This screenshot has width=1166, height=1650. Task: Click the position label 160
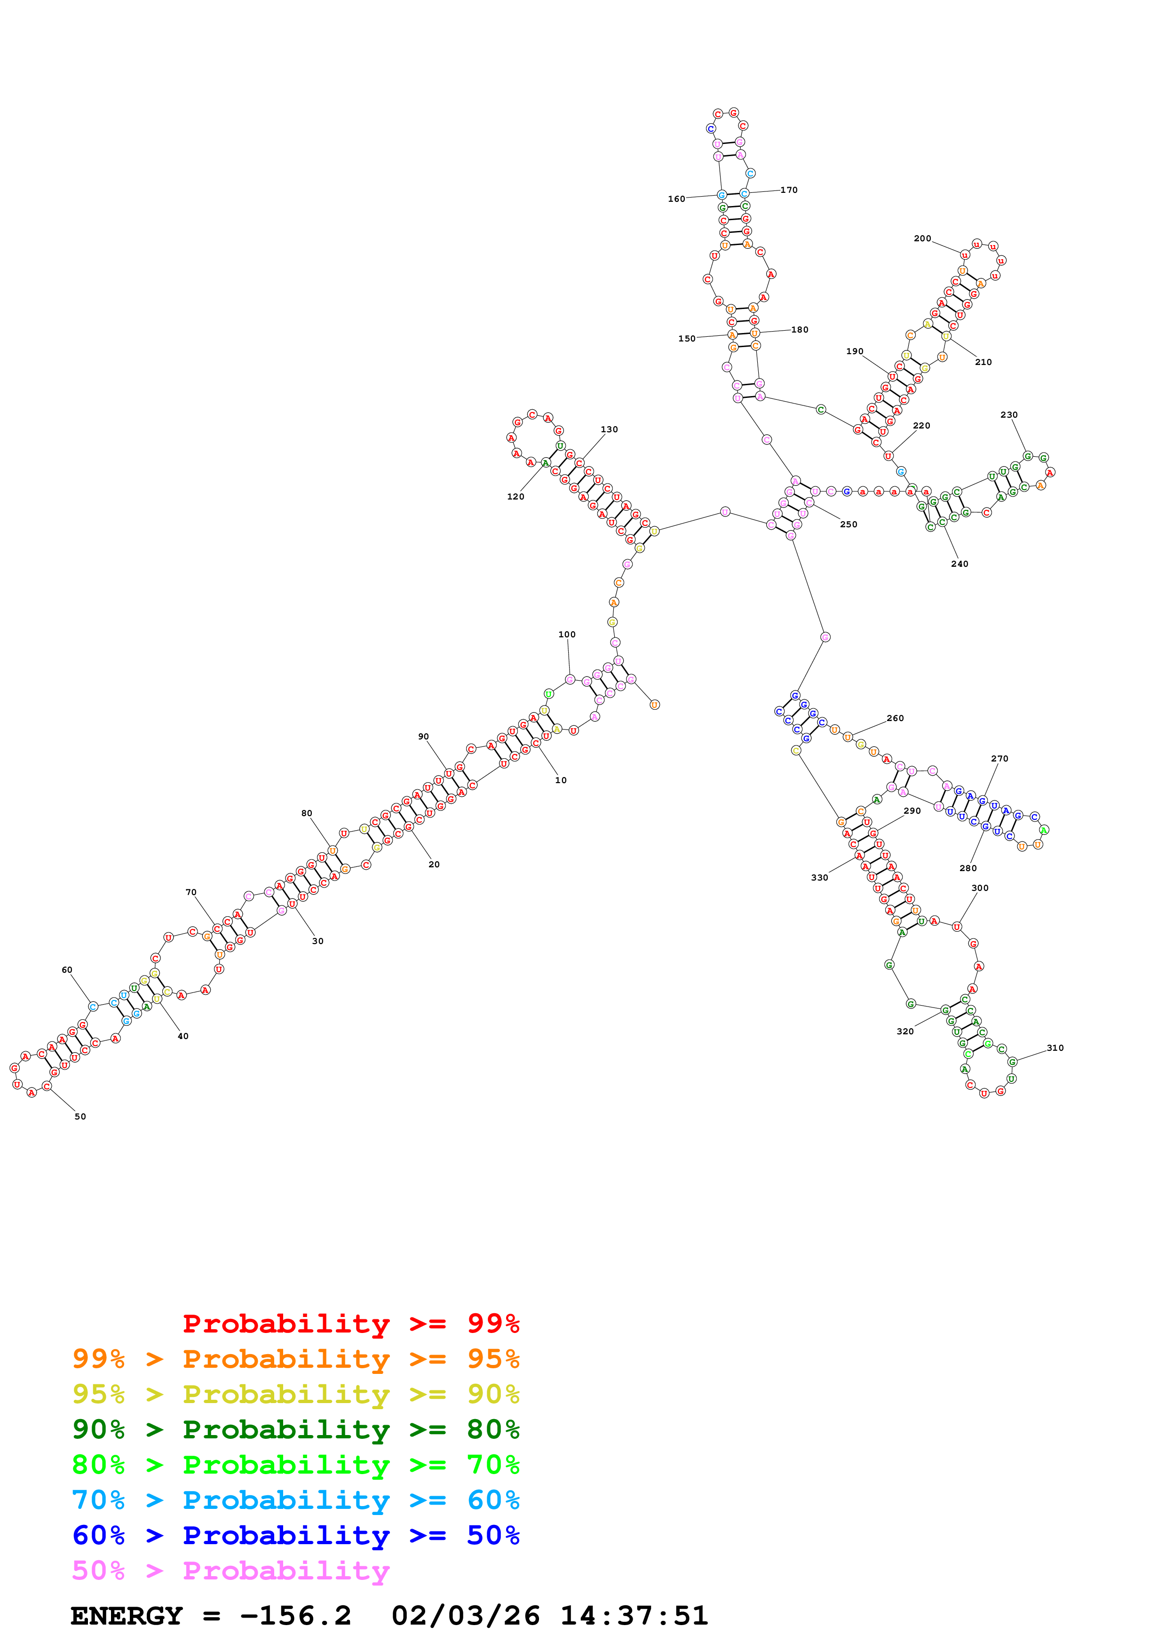point(676,199)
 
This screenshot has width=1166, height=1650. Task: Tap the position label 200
point(922,238)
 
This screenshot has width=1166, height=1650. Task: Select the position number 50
point(80,1116)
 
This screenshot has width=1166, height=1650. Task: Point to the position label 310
point(1055,1048)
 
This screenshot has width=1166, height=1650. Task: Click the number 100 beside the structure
point(567,635)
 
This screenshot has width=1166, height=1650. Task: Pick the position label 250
point(849,524)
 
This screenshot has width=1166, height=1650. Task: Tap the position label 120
point(515,497)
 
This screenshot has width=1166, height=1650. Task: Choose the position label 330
point(819,878)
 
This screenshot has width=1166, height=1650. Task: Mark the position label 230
point(1008,415)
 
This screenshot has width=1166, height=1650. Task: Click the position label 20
point(434,865)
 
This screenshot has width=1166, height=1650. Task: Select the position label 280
point(968,868)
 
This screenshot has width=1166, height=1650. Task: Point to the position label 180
point(800,330)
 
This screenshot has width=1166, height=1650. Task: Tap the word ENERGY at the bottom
point(127,1616)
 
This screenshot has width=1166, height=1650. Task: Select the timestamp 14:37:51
point(634,1616)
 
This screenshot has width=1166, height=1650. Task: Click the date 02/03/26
point(466,1616)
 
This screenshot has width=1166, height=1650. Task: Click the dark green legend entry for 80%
point(296,1429)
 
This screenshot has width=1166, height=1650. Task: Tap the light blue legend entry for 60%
point(296,1500)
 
